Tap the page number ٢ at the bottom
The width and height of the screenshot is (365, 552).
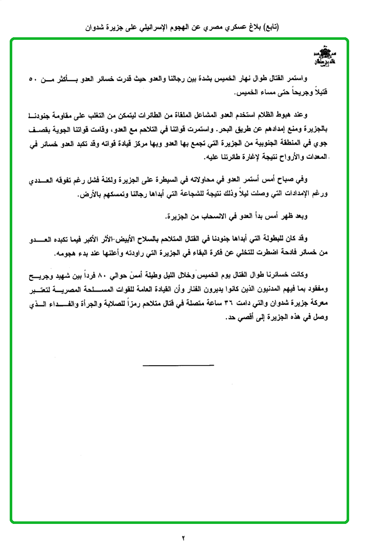(182, 538)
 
